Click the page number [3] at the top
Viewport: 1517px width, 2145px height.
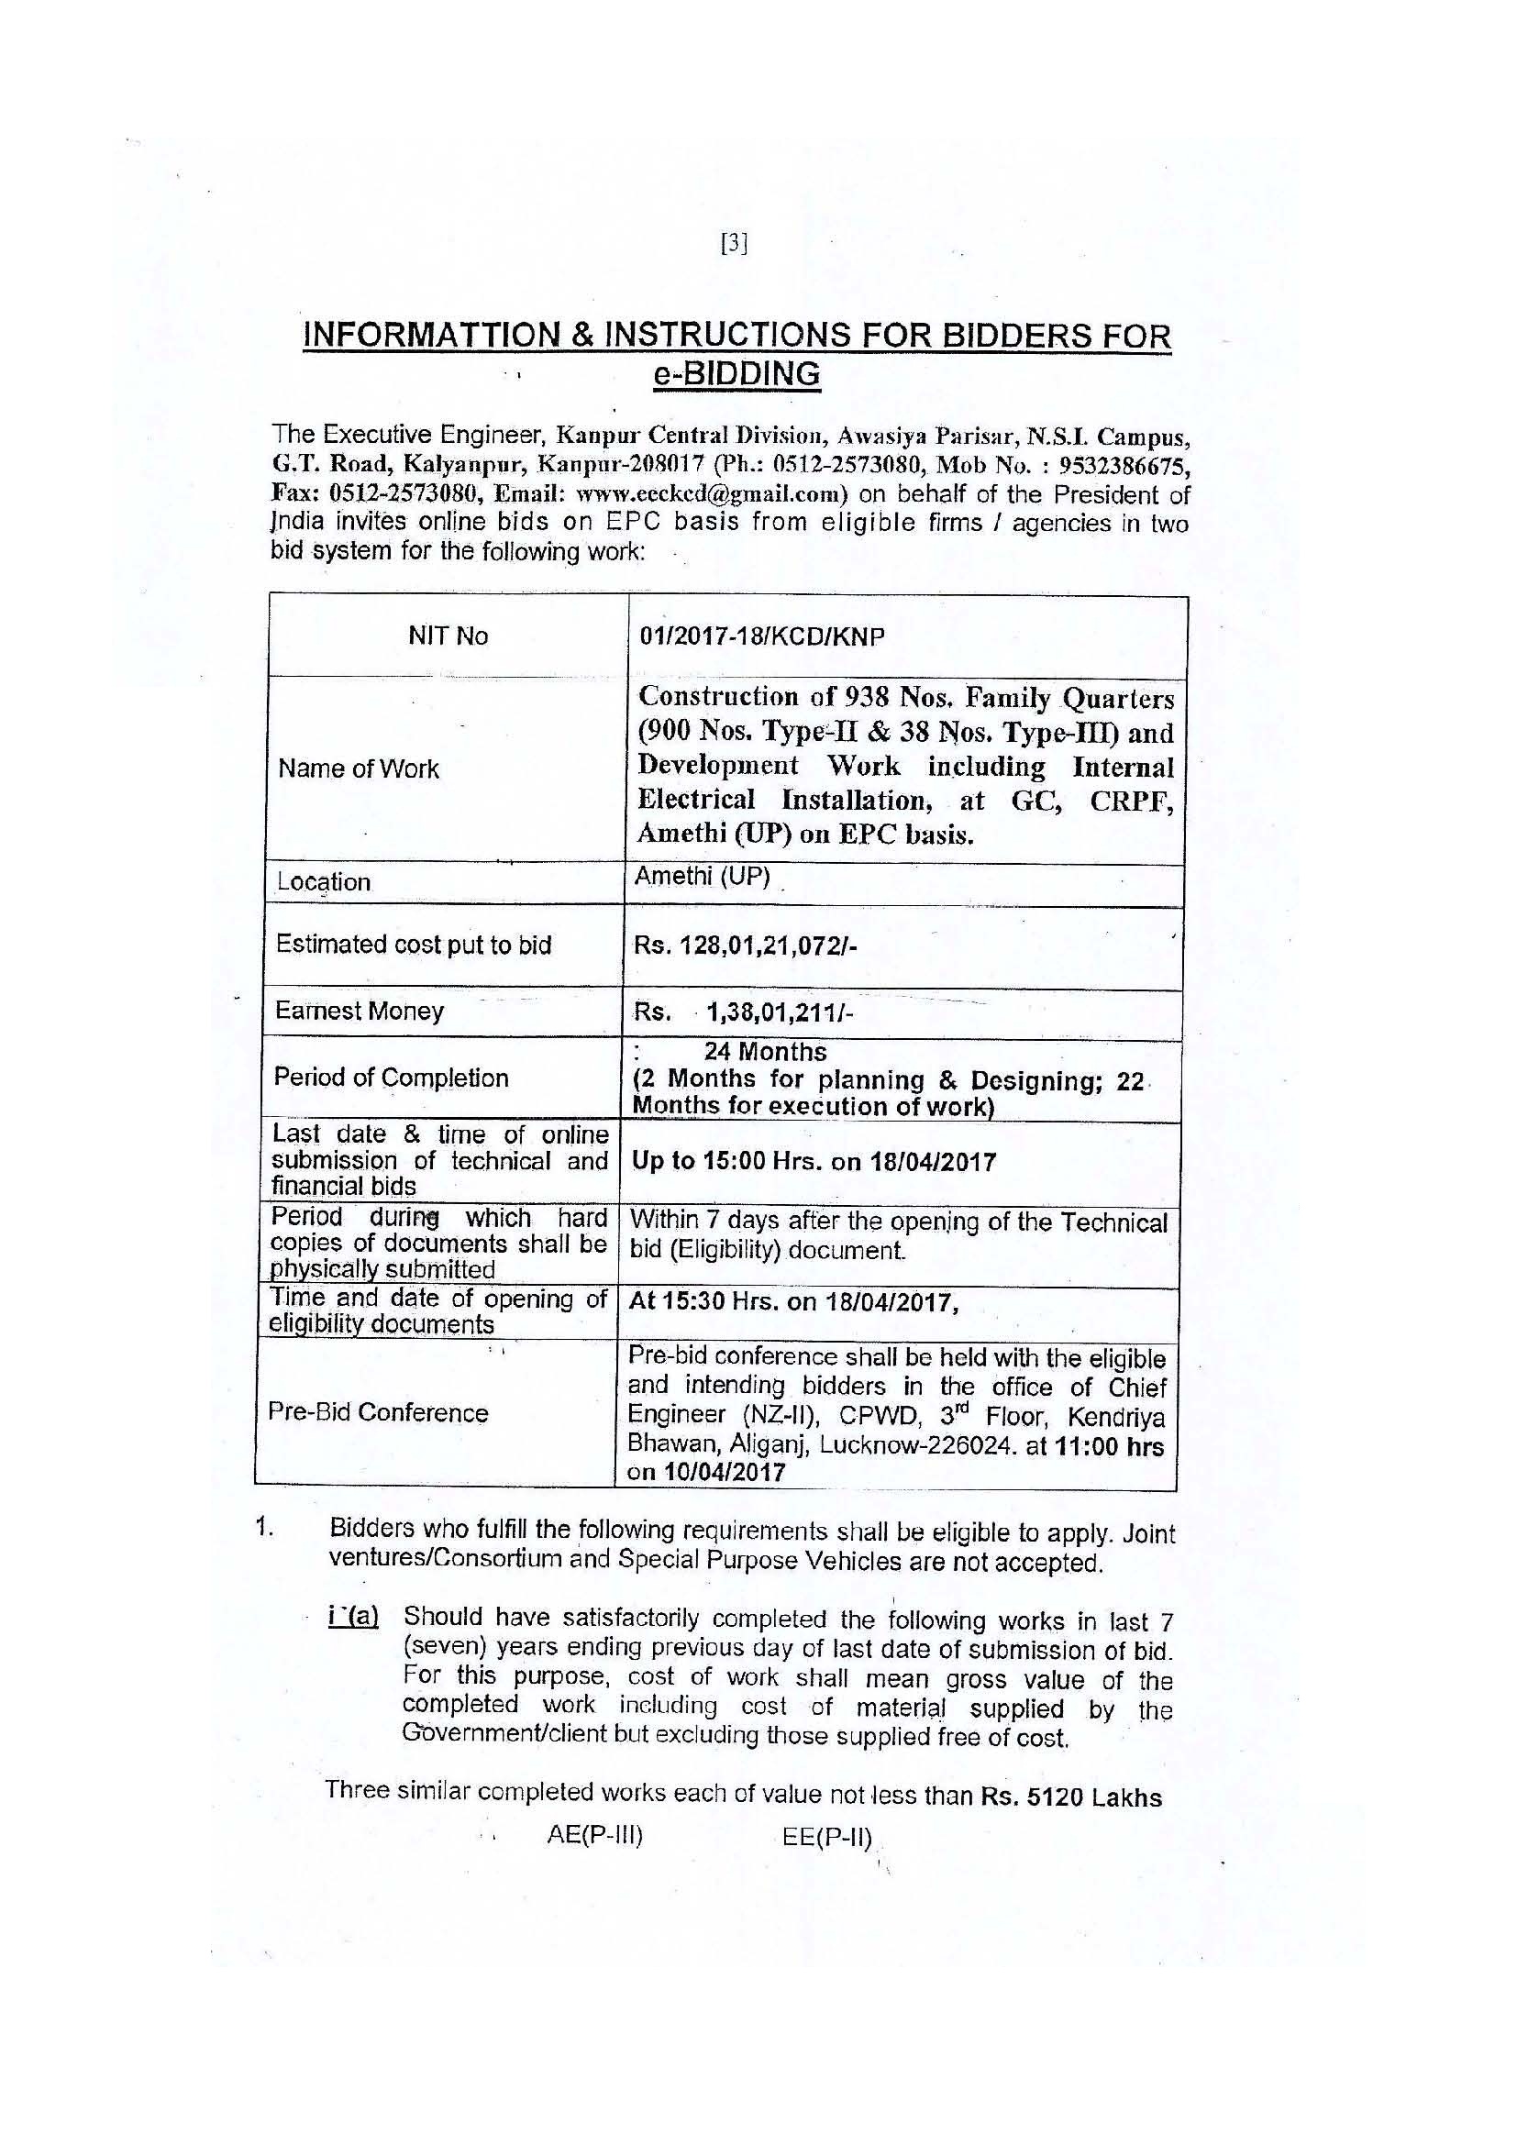[x=735, y=244]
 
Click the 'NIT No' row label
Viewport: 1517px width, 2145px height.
[x=448, y=636]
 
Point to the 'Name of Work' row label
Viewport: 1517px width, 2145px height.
[x=359, y=768]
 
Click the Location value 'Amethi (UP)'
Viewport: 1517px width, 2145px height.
[x=702, y=878]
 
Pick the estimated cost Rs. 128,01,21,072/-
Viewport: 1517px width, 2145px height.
[x=746, y=945]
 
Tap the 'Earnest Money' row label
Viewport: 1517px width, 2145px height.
[x=359, y=1011]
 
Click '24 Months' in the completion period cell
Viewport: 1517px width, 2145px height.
[x=765, y=1052]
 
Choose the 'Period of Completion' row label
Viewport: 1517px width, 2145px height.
[x=391, y=1078]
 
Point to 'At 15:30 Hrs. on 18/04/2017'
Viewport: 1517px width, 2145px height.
[x=794, y=1302]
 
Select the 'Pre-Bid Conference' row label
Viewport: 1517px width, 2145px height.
[x=377, y=1412]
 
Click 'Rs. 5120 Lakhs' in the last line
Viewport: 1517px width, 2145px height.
[x=1071, y=1797]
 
